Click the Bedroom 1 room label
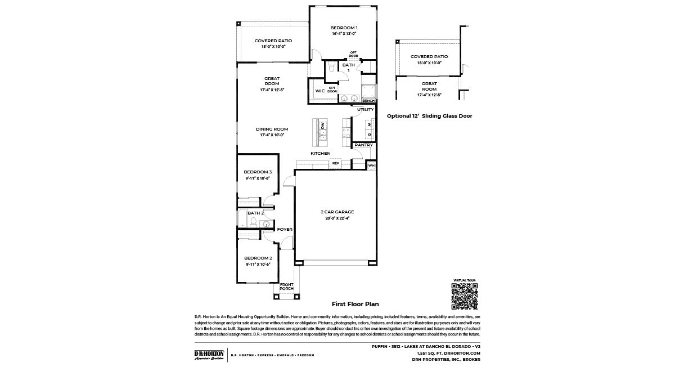(x=344, y=28)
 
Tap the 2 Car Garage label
(x=337, y=212)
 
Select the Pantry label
(x=363, y=145)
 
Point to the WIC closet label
(x=319, y=91)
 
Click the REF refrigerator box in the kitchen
(x=335, y=163)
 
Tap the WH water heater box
(x=371, y=166)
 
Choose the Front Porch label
(x=286, y=287)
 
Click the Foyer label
(x=284, y=230)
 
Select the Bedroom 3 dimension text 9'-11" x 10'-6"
(x=258, y=178)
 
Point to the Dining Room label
(x=272, y=129)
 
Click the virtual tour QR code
(x=464, y=296)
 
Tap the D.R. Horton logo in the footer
(x=209, y=355)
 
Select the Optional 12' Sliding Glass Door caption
(x=429, y=116)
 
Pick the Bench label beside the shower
(x=368, y=101)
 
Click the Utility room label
(x=365, y=110)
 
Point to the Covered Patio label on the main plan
(x=273, y=41)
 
